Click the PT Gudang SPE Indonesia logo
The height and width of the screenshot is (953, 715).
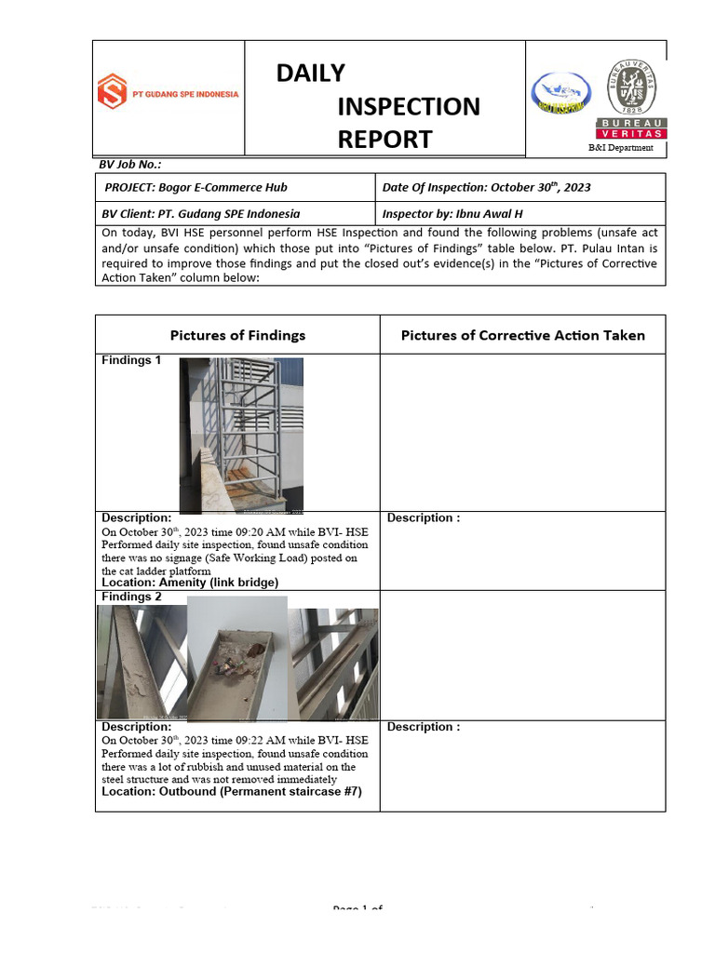pyautogui.click(x=169, y=93)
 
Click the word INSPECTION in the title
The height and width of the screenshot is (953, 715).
pyautogui.click(x=409, y=106)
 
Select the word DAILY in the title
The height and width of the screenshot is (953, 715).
pyautogui.click(x=310, y=73)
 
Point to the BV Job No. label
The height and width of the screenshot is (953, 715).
pyautogui.click(x=130, y=164)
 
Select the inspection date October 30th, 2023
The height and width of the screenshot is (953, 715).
pyautogui.click(x=540, y=187)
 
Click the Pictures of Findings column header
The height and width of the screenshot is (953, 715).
pyautogui.click(x=237, y=335)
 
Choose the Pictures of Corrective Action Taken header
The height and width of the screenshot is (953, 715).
pyautogui.click(x=522, y=335)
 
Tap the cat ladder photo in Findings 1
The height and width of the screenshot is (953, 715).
pyautogui.click(x=241, y=436)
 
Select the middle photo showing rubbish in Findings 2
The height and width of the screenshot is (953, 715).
pyautogui.click(x=236, y=658)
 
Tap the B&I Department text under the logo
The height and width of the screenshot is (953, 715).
pyautogui.click(x=620, y=148)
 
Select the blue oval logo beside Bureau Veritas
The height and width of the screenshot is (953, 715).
pyautogui.click(x=560, y=94)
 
